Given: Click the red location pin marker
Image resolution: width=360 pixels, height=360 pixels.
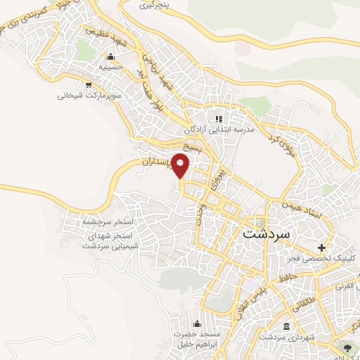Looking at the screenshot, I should click(181, 166).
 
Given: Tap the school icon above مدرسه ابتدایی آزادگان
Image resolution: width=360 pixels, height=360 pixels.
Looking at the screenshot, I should click(219, 119).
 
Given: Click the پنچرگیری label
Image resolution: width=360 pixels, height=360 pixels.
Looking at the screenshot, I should click(155, 5).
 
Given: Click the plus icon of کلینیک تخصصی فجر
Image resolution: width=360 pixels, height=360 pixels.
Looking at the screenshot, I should click(322, 247).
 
